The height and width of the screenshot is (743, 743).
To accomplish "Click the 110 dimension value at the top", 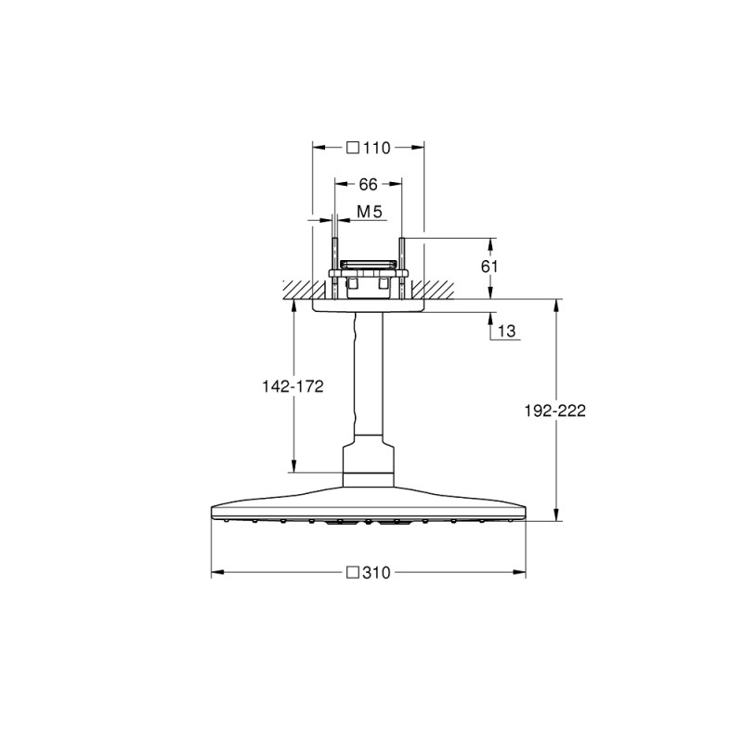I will coord(375,146).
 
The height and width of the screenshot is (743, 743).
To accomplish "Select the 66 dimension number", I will coord(368,185).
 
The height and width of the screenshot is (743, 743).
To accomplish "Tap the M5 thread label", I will coord(371,214).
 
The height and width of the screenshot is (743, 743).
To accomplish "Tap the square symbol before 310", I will coord(353,573).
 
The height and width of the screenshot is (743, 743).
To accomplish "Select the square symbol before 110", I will coord(353,146).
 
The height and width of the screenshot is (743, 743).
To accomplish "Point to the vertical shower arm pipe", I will coord(368,381).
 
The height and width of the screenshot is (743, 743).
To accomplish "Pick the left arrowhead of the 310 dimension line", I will coord(215,573).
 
